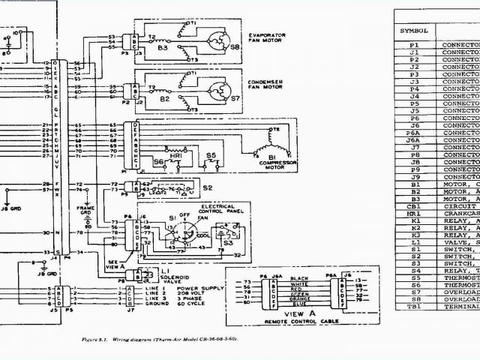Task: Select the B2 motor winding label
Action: (166, 98)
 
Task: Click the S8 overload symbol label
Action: (235, 46)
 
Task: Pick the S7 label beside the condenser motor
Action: (235, 97)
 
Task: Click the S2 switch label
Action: (206, 187)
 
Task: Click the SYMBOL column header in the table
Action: (413, 31)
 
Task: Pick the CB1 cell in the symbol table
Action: (414, 205)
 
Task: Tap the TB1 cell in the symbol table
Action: (414, 306)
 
